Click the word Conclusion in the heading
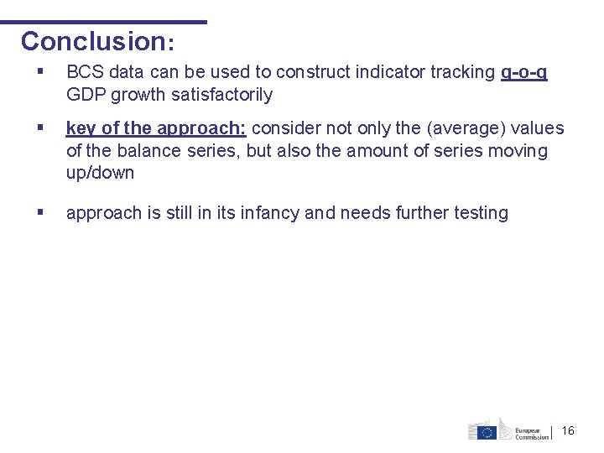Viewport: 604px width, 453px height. (93, 41)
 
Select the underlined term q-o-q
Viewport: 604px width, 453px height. (523, 73)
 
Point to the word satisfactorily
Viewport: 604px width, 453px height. (221, 95)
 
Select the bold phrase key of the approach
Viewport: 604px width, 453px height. (155, 128)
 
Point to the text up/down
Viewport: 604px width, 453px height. (100, 174)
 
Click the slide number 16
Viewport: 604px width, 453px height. (568, 430)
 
